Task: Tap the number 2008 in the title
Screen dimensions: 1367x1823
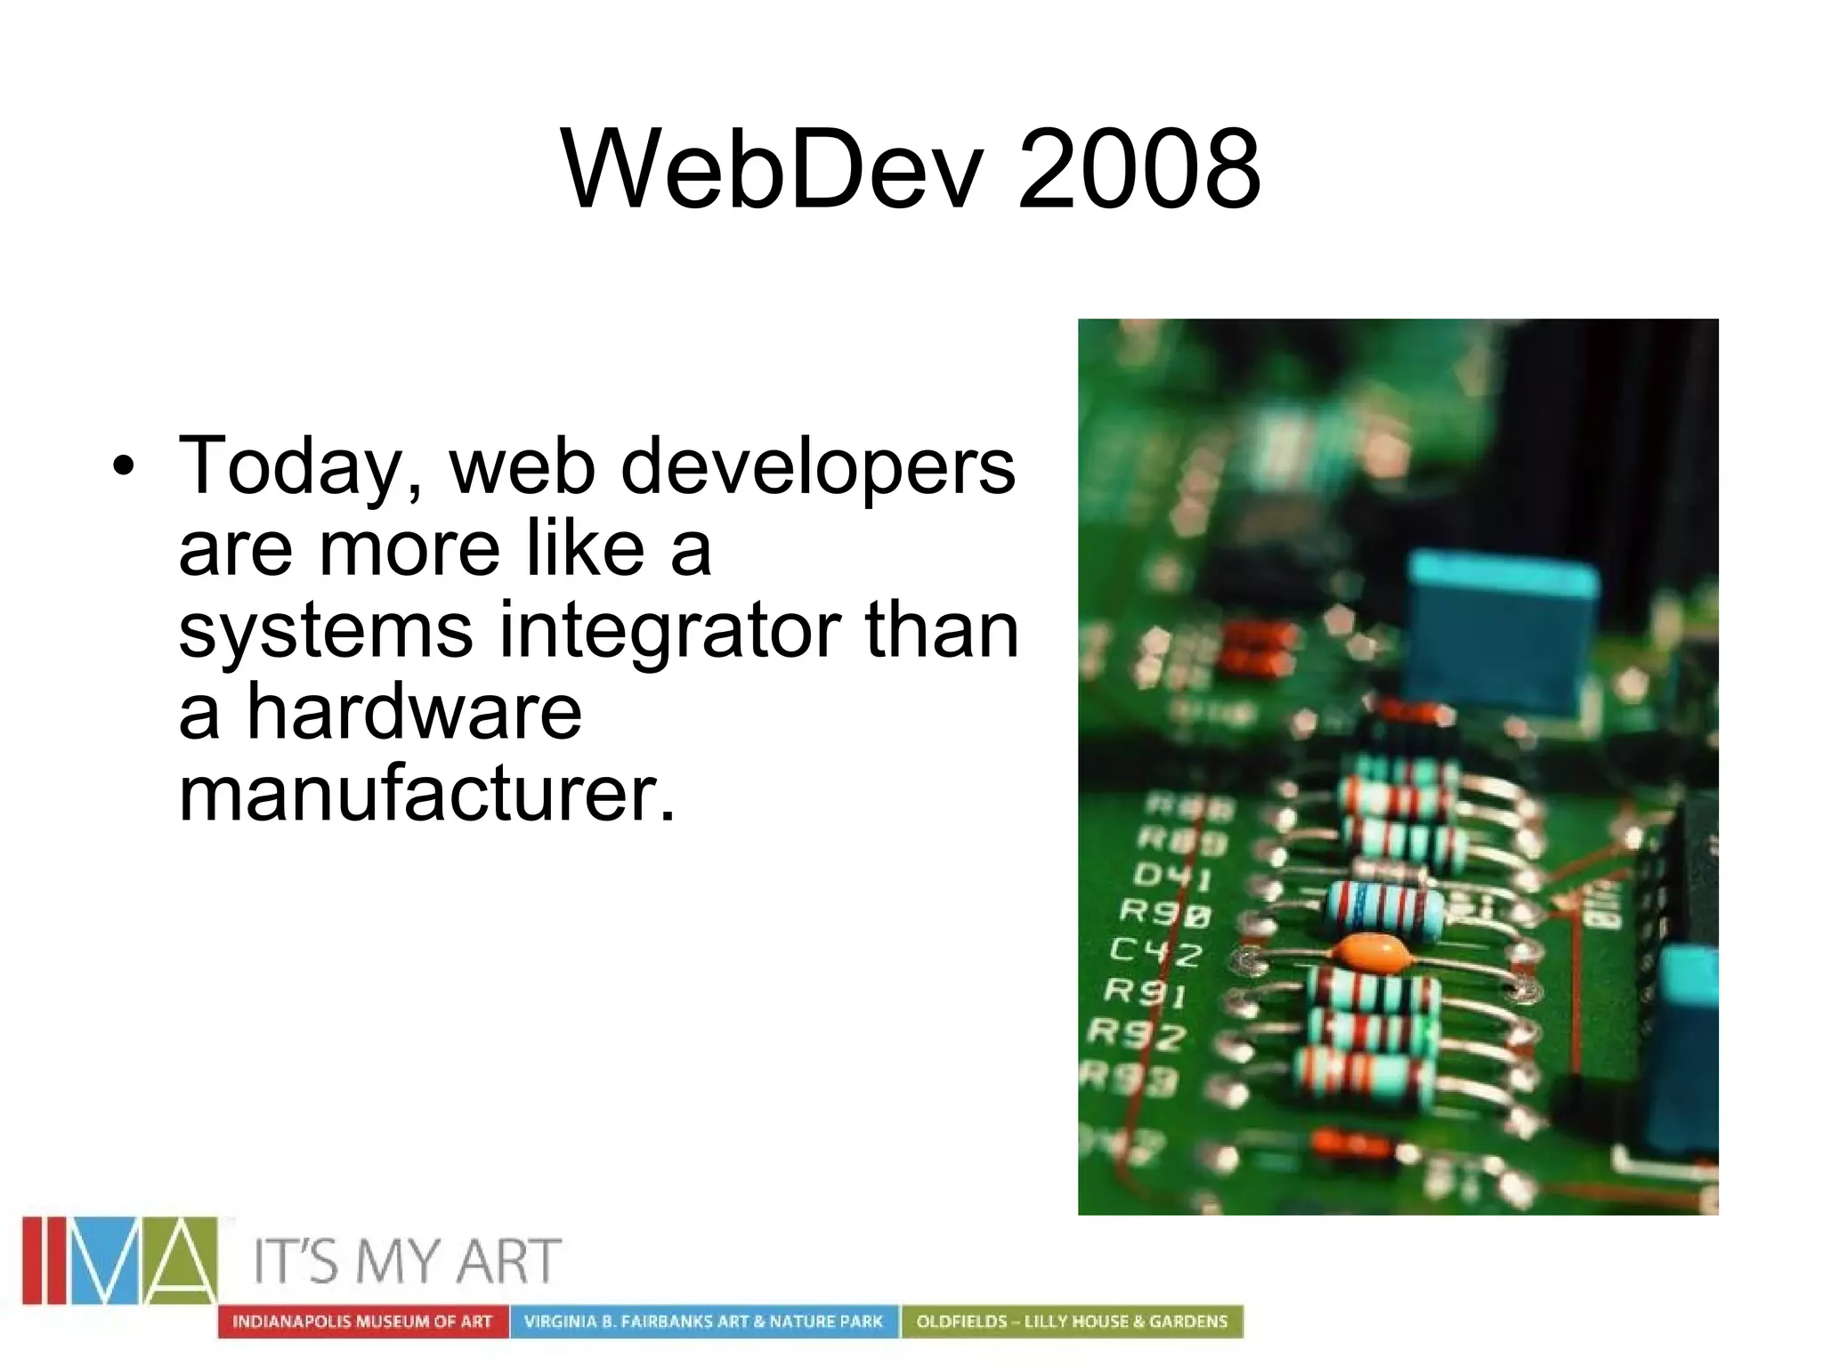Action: click(x=1138, y=169)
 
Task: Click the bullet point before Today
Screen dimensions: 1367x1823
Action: click(x=125, y=465)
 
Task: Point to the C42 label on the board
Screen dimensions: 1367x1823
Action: click(x=1155, y=951)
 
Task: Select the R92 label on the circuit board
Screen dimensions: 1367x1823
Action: click(x=1137, y=1033)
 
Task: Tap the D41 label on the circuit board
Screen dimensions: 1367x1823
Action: click(x=1171, y=877)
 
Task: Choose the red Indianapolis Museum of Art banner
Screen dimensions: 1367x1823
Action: click(x=362, y=1321)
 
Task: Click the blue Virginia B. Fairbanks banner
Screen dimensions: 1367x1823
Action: click(x=703, y=1321)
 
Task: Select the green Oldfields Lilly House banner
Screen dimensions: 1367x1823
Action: click(x=1072, y=1321)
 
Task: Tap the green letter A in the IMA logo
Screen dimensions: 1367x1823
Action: click(x=180, y=1261)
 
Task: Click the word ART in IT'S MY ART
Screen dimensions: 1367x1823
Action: click(x=508, y=1261)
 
